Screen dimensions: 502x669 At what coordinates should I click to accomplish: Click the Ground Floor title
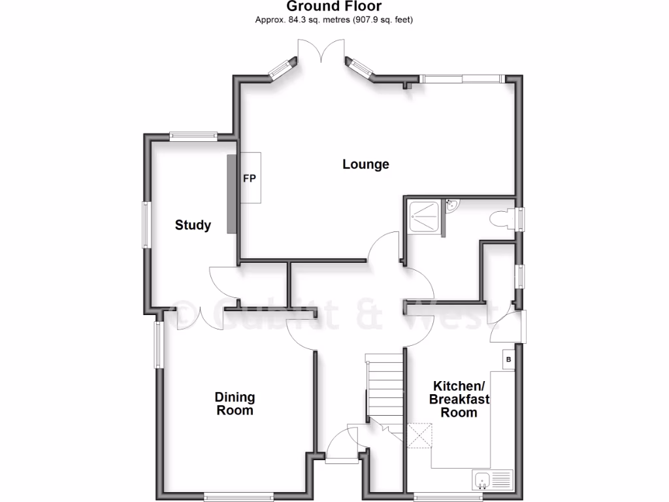tap(334, 7)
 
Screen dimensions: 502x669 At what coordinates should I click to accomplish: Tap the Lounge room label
tap(366, 164)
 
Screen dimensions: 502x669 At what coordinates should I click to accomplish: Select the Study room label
tap(193, 226)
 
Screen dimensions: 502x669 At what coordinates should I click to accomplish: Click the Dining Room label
tap(235, 404)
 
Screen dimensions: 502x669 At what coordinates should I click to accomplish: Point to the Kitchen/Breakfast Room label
tap(459, 399)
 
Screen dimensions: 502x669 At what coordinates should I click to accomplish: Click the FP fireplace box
tap(250, 178)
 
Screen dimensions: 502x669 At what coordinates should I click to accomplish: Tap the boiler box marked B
tap(509, 360)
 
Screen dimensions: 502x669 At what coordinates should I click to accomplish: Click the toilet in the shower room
tap(502, 219)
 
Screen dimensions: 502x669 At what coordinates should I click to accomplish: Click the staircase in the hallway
tap(383, 389)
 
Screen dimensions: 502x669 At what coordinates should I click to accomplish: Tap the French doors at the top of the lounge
tap(320, 52)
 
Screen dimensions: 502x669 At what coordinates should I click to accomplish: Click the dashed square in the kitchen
tap(421, 437)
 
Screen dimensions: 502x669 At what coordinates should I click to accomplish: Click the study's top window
tap(193, 136)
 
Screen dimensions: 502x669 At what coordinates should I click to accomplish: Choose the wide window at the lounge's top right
tap(463, 79)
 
